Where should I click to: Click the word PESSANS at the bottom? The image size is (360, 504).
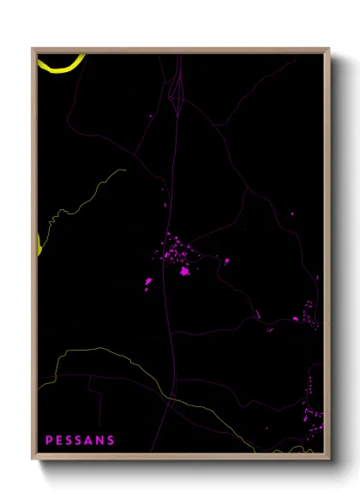(80, 441)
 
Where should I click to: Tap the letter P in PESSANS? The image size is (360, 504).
(49, 441)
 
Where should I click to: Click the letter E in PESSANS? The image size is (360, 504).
(58, 441)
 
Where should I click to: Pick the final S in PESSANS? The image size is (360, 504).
(111, 441)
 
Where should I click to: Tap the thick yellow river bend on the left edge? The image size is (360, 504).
(39, 243)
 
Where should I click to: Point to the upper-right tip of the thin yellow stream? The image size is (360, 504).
(125, 170)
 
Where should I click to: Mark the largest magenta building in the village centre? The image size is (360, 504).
(183, 272)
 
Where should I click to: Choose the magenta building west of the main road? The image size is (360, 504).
(148, 281)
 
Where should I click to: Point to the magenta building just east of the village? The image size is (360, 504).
(226, 261)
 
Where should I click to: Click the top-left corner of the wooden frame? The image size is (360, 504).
(33, 50)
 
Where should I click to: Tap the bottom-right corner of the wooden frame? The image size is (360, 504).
(328, 457)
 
